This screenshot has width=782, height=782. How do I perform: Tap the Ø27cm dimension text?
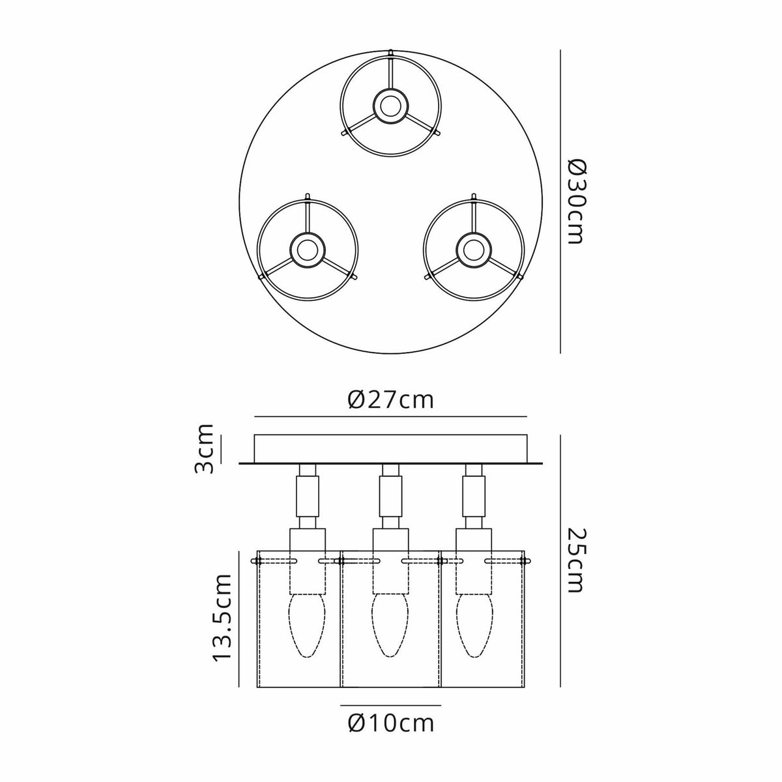tap(391, 399)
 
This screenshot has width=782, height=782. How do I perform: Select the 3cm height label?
tap(203, 449)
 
